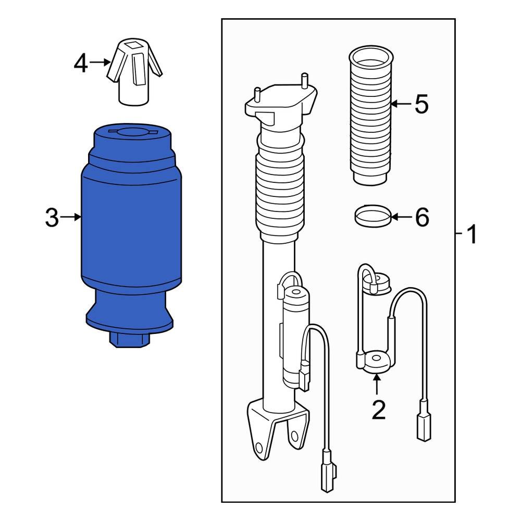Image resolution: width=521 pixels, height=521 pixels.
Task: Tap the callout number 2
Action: [x=378, y=410]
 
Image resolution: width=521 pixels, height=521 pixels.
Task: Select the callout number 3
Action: [x=52, y=218]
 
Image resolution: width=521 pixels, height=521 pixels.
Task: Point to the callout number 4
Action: [x=81, y=64]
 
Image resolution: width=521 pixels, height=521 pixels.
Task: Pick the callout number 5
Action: [x=421, y=104]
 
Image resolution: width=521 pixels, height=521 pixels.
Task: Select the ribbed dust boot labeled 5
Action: [x=370, y=117]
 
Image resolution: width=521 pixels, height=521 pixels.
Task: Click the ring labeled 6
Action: [x=372, y=216]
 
